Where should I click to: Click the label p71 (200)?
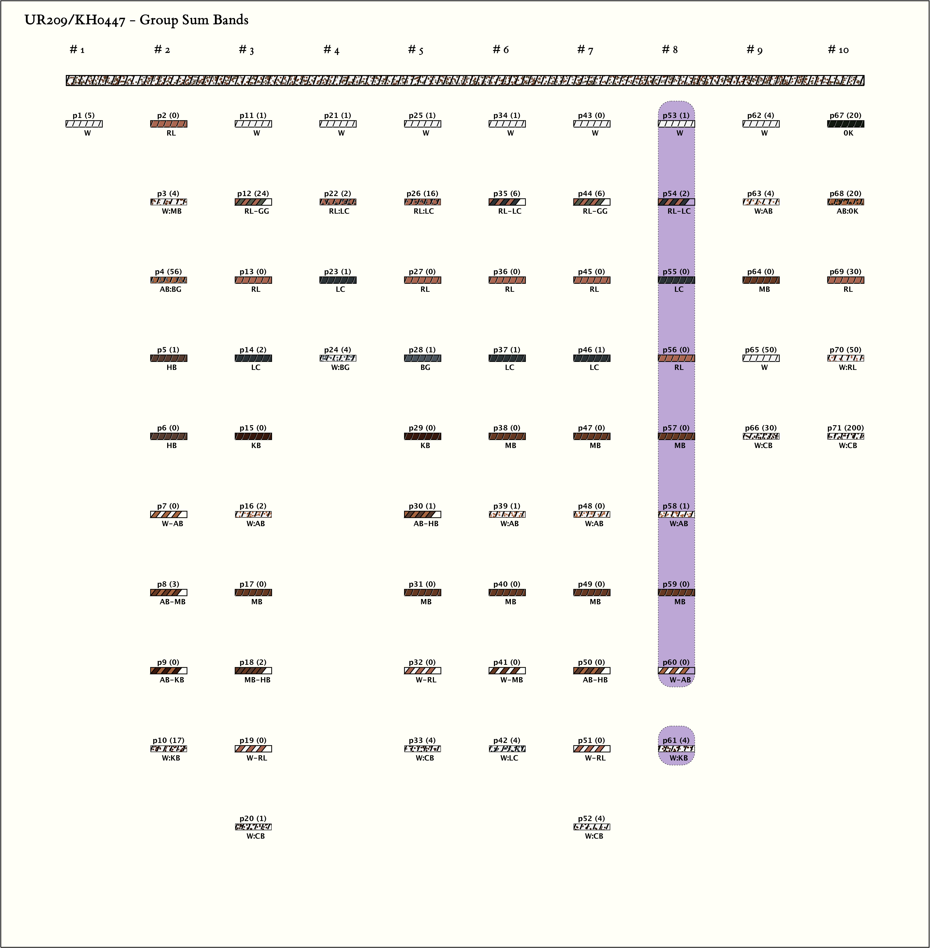(845, 428)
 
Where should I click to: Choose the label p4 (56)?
(169, 271)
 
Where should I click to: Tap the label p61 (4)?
(676, 740)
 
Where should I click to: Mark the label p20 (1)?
(253, 819)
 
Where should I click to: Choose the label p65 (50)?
(760, 350)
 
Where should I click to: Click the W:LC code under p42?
(510, 758)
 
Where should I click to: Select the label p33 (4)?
(422, 740)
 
